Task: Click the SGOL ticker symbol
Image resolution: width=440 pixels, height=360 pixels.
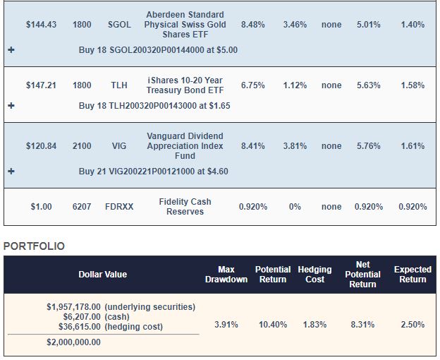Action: [x=119, y=25]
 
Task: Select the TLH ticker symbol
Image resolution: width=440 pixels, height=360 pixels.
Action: [x=119, y=85]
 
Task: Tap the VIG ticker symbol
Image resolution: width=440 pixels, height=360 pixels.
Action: [x=119, y=146]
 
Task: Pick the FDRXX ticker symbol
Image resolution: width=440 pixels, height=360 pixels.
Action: [x=119, y=207]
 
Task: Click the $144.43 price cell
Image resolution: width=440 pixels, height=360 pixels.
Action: [x=41, y=25]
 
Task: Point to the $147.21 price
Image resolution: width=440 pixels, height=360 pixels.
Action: [x=41, y=85]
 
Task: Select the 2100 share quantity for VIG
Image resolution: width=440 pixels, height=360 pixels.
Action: [x=82, y=146]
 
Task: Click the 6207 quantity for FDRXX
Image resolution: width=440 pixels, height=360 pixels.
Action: [x=82, y=207]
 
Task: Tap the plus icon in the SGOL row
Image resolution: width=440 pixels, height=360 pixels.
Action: [x=11, y=50]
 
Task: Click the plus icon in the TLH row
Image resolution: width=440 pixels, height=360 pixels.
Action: [x=11, y=106]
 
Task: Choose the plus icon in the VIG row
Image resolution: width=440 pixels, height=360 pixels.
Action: [x=11, y=172]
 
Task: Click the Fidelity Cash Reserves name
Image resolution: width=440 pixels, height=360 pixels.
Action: [x=185, y=207]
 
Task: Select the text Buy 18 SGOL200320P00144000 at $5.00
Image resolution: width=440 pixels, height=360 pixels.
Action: [x=158, y=50]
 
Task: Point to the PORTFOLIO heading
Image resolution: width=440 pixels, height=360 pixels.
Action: [x=34, y=246]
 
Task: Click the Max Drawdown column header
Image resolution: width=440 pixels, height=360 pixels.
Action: [x=226, y=274]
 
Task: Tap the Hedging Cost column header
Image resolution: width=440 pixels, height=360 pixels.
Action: [x=314, y=274]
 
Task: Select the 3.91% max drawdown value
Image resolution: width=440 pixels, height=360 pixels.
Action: [x=226, y=325]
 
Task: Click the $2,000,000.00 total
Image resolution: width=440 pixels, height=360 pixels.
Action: [x=73, y=342]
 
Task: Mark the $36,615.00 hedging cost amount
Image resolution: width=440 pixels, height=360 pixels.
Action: [x=73, y=327]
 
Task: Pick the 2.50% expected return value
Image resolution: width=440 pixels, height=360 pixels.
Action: [x=412, y=325]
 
